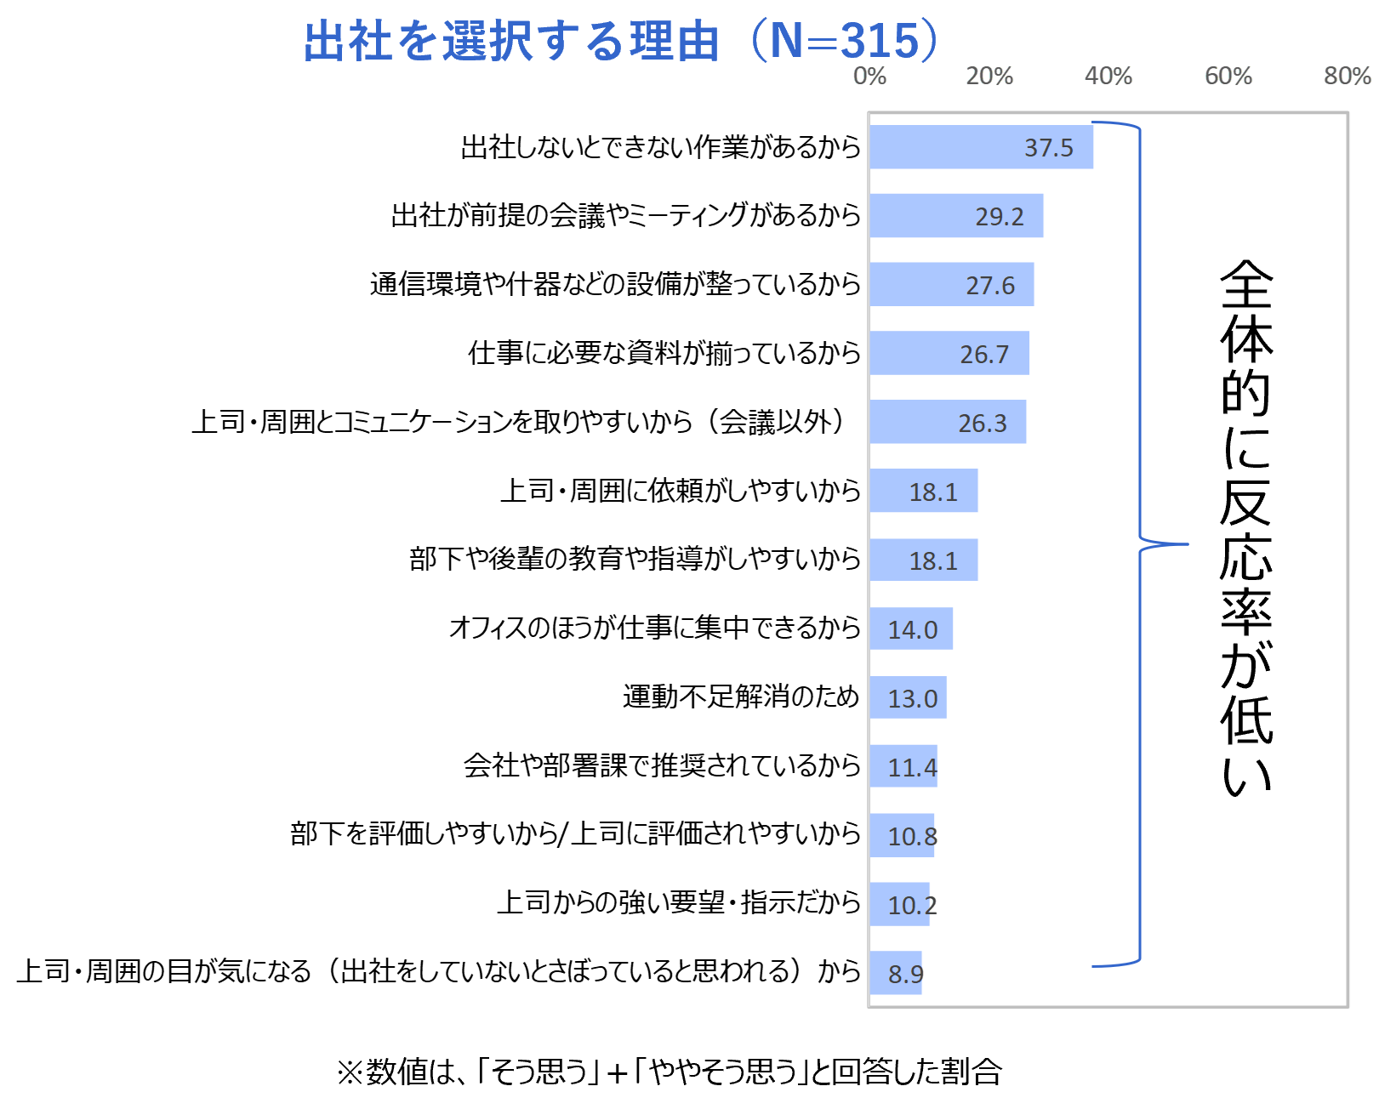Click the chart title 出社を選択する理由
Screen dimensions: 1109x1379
[x=511, y=42]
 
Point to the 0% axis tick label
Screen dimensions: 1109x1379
[x=870, y=76]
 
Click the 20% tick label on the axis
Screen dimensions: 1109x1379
[x=989, y=76]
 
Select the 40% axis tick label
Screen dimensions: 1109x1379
[x=1108, y=76]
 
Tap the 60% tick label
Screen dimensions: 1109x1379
[x=1228, y=76]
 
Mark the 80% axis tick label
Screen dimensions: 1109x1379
[x=1348, y=76]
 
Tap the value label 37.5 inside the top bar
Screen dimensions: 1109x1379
[x=1049, y=148]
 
